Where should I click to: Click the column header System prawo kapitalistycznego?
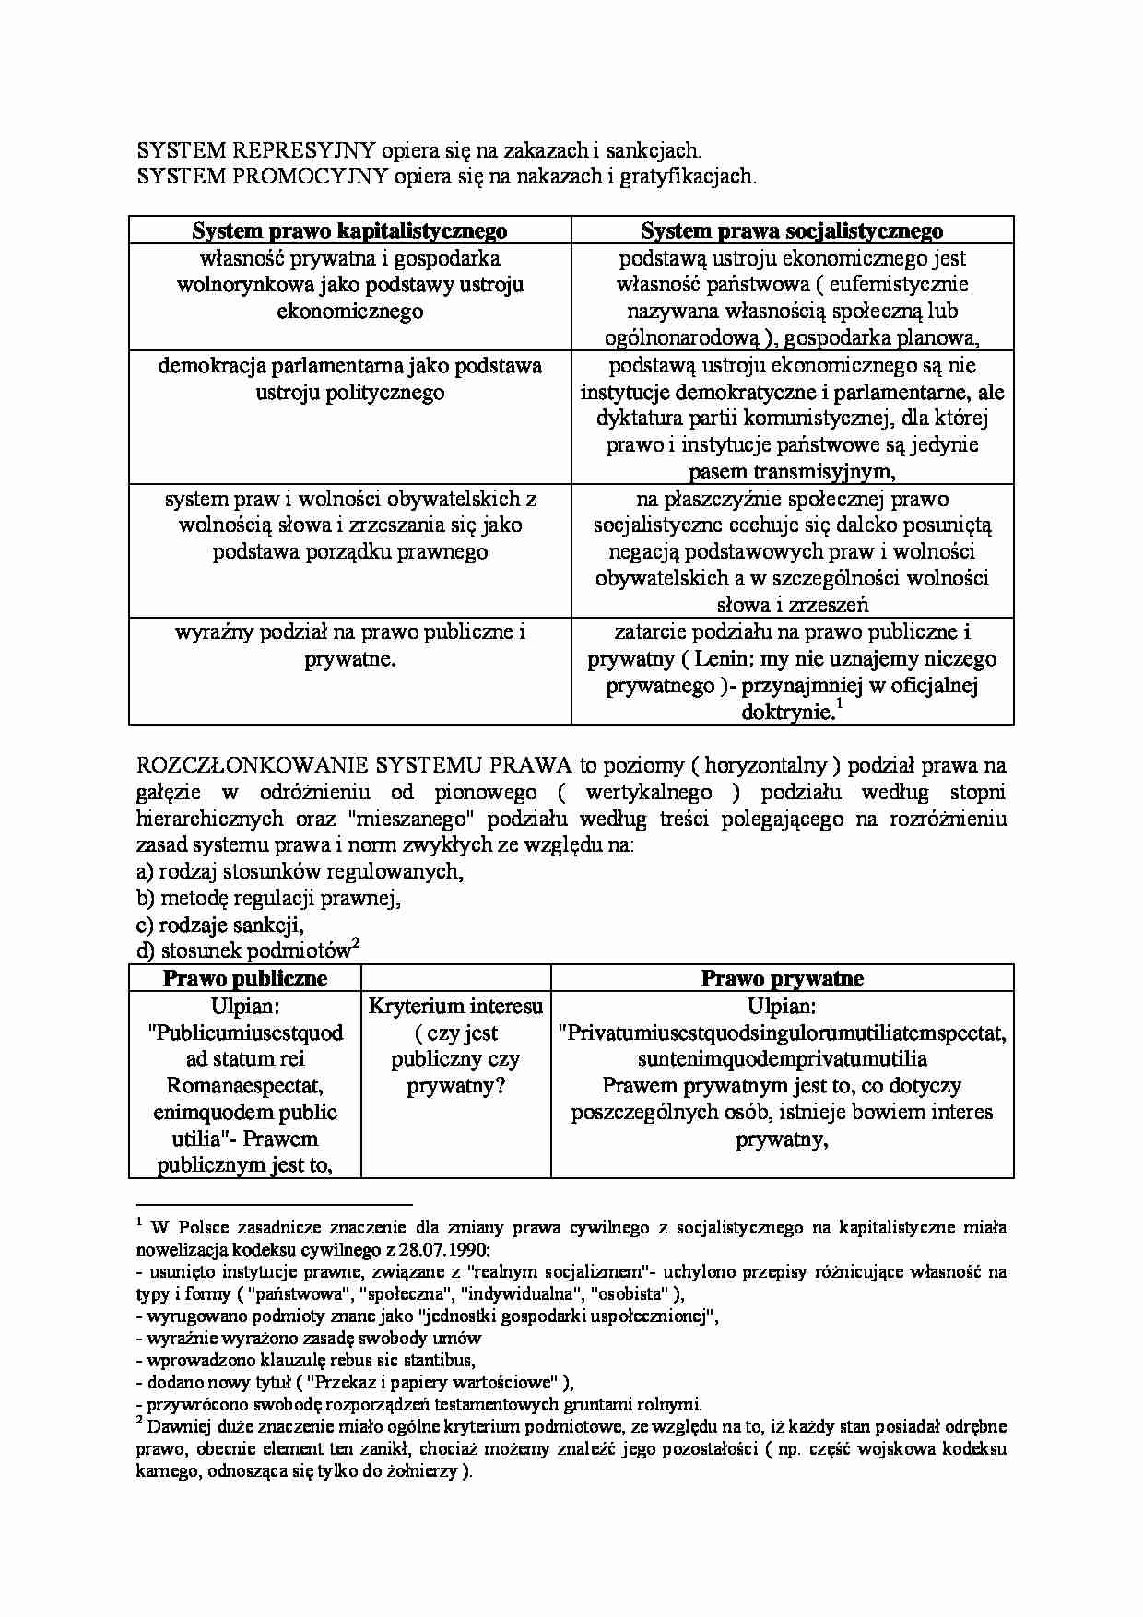349,230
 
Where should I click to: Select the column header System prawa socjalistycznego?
792,230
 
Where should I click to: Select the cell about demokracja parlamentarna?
349,379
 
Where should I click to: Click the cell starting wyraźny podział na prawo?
349,645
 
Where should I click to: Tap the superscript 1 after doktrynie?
839,705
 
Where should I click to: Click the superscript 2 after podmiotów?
356,944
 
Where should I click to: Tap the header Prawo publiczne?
245,978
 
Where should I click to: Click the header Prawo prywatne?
782,978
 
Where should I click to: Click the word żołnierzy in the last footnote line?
421,1471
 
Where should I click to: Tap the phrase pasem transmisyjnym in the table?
792,472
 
